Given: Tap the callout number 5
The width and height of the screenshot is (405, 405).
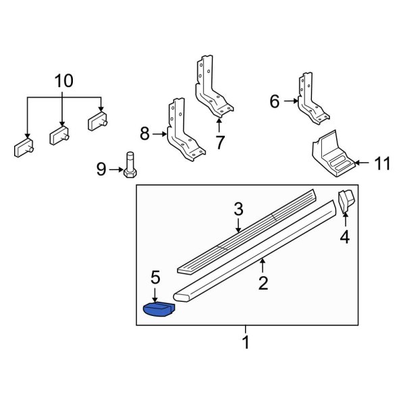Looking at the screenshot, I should pyautogui.click(x=155, y=277).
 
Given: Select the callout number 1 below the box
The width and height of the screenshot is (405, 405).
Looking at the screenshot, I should pyautogui.click(x=246, y=343).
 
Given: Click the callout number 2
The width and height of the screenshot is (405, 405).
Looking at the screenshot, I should pyautogui.click(x=263, y=282).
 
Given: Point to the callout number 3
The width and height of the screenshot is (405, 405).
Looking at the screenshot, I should pyautogui.click(x=238, y=210).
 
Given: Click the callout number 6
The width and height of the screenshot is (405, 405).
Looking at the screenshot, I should pyautogui.click(x=274, y=102).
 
